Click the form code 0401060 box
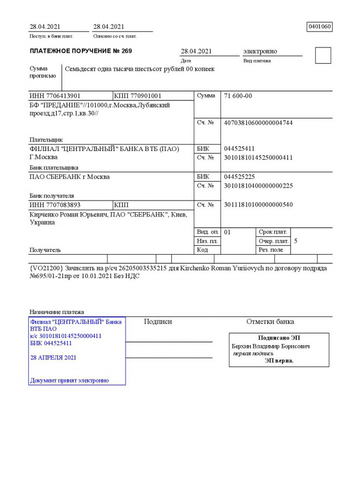[320, 26]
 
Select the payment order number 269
[125, 51]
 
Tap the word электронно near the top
[260, 51]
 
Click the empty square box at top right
[323, 55]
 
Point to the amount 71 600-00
[238, 96]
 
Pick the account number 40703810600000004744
[258, 123]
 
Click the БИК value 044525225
[239, 177]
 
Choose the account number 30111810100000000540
[258, 205]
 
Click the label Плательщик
[46, 140]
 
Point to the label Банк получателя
[51, 195]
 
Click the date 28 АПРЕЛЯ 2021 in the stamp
[53, 358]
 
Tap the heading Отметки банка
[270, 322]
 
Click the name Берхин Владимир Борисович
[271, 346]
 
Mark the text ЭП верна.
[279, 360]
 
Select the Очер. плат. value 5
[296, 240]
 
